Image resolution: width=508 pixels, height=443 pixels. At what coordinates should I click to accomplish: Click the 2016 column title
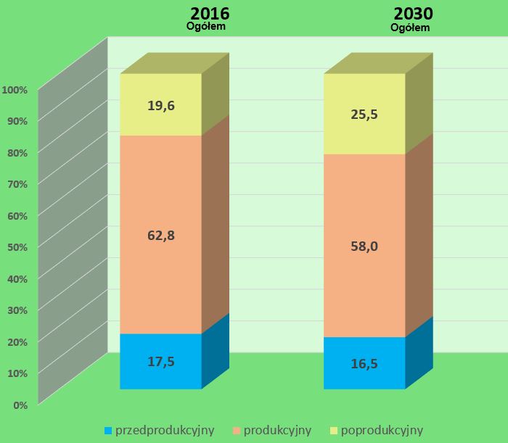pos(209,14)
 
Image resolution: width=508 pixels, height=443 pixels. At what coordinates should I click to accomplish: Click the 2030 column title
pos(414,14)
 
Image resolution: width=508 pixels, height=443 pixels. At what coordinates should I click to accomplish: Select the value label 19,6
pos(161,106)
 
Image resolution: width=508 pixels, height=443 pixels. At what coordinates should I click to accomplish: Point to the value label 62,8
pos(161,235)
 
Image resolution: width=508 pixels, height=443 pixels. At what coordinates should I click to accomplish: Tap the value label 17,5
pos(161,361)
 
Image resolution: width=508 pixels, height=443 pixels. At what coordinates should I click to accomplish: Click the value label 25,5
pos(364,114)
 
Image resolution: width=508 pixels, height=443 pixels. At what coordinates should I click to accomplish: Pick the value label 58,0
pos(364,246)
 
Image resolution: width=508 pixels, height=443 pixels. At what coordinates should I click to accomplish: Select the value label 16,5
pos(364,363)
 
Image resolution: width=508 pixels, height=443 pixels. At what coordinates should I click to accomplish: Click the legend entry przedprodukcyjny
pos(165,430)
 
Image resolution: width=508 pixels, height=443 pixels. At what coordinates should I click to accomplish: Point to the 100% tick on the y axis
pos(15,90)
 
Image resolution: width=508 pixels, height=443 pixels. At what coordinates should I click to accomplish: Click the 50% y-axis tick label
pos(17,247)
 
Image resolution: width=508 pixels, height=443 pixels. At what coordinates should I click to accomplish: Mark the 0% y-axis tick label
pos(20,405)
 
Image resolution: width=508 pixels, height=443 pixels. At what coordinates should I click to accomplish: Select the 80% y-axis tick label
pos(17,153)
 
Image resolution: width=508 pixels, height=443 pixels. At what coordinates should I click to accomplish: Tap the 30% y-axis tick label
pos(17,310)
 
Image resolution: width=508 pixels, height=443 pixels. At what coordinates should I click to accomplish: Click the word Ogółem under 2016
pos(208,28)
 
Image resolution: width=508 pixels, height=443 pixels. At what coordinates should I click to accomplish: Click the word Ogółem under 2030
pos(411,28)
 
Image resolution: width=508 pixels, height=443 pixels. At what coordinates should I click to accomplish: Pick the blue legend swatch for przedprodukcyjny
pos(109,431)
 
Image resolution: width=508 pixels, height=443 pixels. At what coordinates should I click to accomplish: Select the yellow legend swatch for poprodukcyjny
pos(333,431)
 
